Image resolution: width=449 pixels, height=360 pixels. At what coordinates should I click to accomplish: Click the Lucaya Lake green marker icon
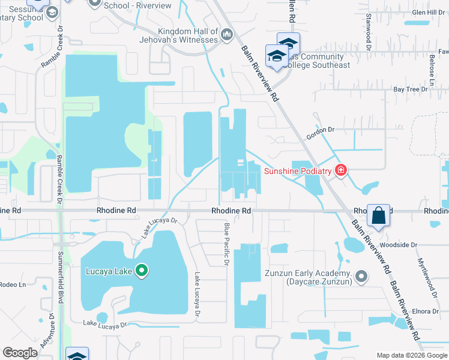(142, 271)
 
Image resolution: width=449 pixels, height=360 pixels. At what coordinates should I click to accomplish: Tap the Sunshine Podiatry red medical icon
(341, 171)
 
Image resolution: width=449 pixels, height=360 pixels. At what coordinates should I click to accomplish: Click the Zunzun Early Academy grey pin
(361, 277)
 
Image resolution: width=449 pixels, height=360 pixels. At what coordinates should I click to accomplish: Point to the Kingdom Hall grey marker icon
(226, 35)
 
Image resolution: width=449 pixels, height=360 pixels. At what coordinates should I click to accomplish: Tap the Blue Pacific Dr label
(227, 244)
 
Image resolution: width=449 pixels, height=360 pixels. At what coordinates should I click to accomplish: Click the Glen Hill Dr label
(427, 12)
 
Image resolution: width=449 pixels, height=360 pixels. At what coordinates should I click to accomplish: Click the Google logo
(20, 353)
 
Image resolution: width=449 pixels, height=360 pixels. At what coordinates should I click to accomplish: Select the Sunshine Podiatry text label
(298, 171)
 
